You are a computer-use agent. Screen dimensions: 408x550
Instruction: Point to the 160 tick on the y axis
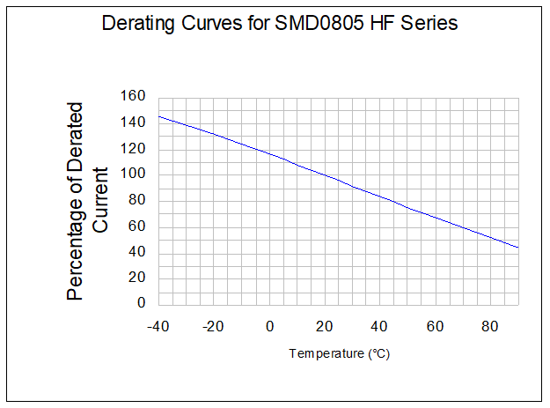134,96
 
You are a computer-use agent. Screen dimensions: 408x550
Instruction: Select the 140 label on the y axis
134,122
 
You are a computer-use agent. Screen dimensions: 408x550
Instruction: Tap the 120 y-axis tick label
134,148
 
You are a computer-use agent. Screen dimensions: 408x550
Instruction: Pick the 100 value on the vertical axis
134,174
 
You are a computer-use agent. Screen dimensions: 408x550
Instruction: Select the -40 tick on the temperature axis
158,326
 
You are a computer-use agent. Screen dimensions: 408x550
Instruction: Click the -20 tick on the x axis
213,326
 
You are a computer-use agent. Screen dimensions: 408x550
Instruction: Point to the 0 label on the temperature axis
270,326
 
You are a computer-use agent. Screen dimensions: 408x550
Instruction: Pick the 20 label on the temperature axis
326,326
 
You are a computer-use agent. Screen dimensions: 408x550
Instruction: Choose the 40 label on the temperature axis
380,326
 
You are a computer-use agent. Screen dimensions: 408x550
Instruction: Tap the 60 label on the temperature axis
436,326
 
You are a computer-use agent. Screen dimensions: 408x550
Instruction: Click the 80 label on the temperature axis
491,326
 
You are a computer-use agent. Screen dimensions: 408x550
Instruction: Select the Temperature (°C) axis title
340,354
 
